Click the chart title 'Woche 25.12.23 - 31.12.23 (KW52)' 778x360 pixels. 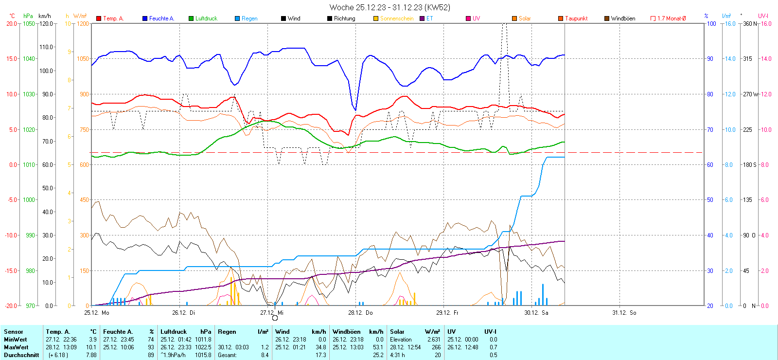[389, 7]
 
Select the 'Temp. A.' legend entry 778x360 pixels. [113, 18]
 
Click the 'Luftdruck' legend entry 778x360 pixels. [206, 18]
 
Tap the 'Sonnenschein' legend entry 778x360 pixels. [396, 18]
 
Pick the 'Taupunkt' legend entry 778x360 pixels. [576, 18]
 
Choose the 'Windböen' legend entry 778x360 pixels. [623, 18]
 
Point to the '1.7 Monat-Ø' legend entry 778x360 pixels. [671, 18]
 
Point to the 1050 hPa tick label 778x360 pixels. [29, 23]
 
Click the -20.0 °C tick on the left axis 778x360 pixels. [11, 306]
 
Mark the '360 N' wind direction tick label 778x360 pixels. [750, 23]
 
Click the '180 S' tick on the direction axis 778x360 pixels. [749, 164]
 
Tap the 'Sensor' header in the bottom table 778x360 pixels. [14, 332]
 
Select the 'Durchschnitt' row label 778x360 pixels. [21, 355]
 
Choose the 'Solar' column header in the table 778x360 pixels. [397, 332]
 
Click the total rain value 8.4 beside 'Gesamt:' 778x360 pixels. [265, 355]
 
